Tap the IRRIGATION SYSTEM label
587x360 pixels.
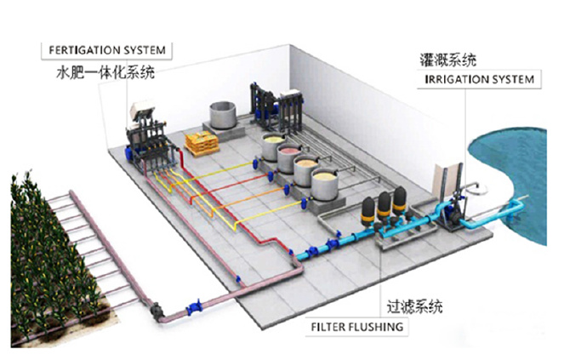click(481, 79)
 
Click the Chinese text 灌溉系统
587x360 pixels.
click(448, 60)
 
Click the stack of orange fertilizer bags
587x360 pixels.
click(202, 144)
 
